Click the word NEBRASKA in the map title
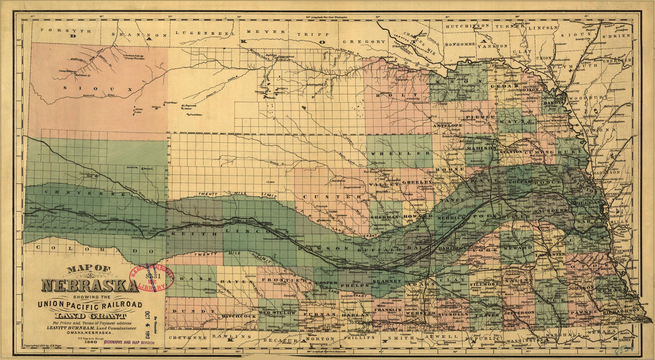tap(89, 285)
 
